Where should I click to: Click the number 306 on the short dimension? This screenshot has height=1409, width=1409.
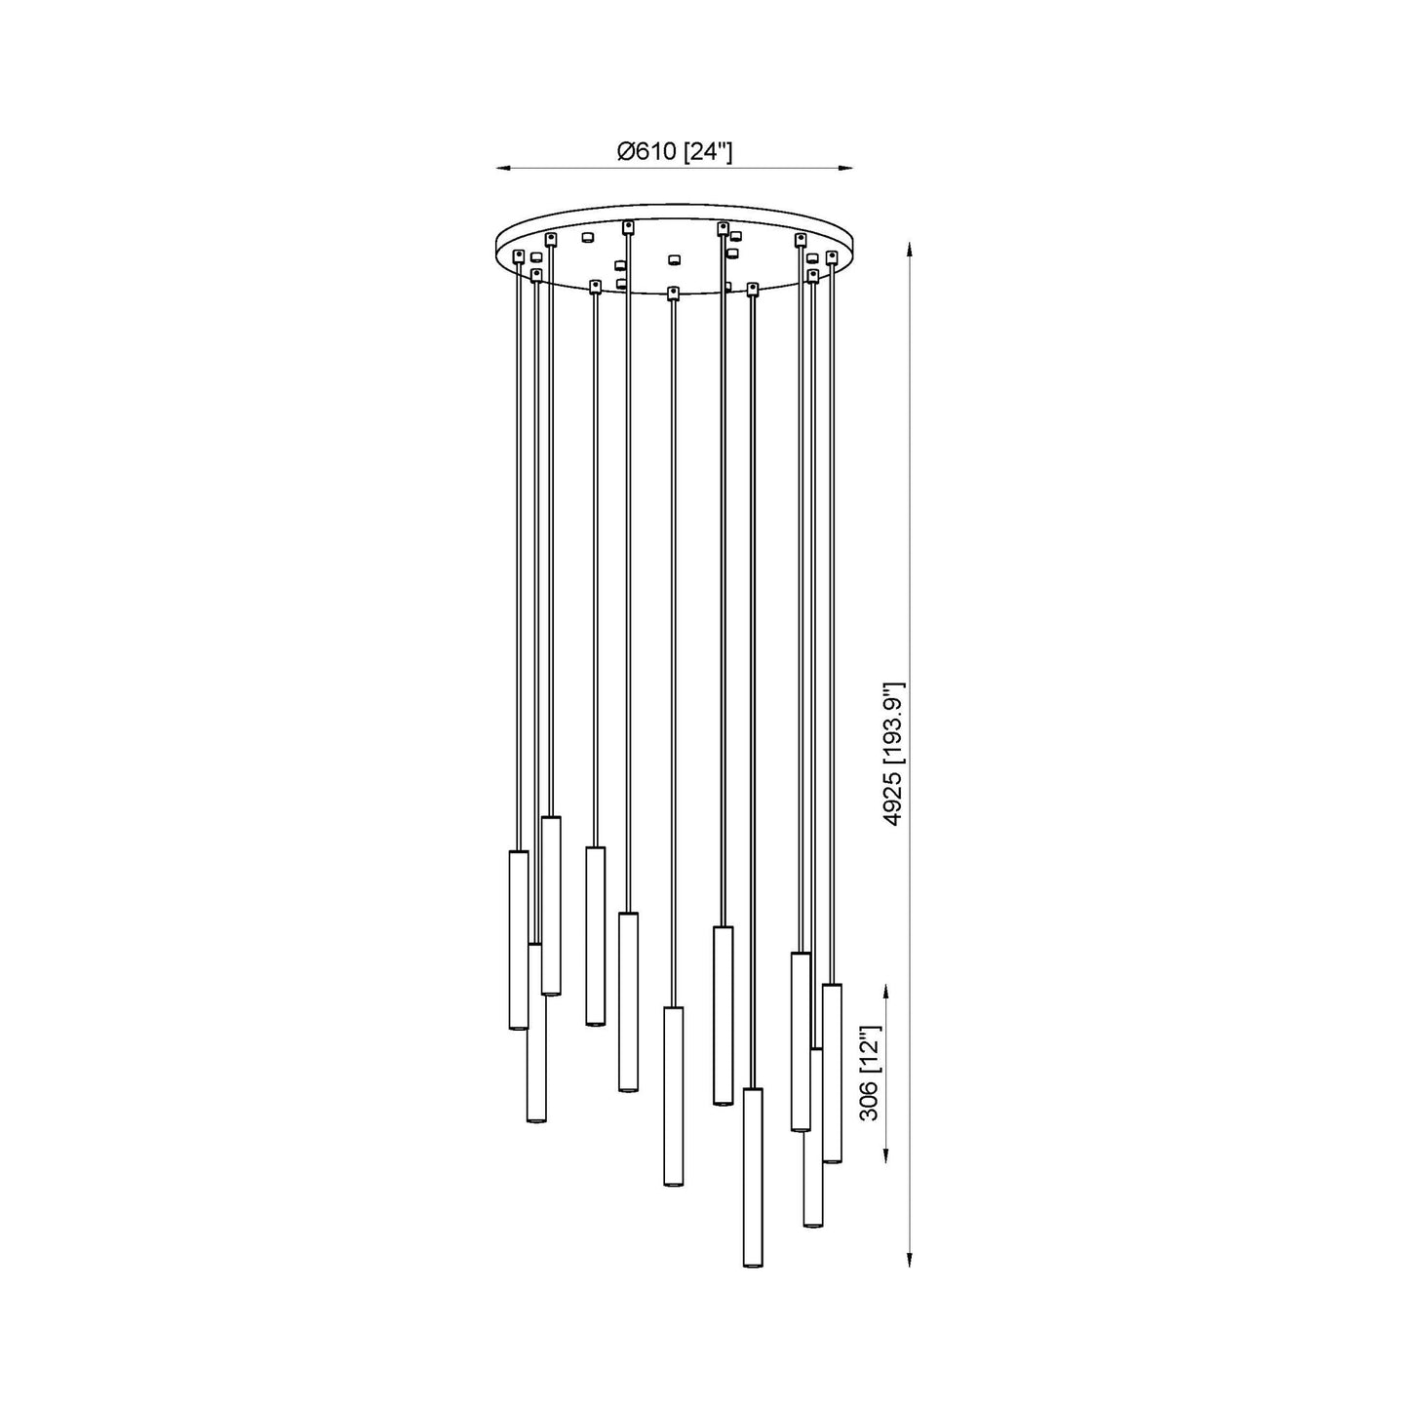pos(870,1099)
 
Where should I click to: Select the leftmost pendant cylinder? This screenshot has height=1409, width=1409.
pos(518,939)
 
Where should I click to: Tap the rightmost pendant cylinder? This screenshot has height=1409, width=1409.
pos(832,1073)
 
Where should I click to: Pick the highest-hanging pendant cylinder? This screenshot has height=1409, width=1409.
pos(551,905)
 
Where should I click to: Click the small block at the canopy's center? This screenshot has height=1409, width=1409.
pos(672,259)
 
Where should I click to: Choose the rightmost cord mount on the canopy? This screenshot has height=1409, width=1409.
pos(832,256)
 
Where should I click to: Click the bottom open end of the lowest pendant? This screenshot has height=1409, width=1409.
pos(752,1264)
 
